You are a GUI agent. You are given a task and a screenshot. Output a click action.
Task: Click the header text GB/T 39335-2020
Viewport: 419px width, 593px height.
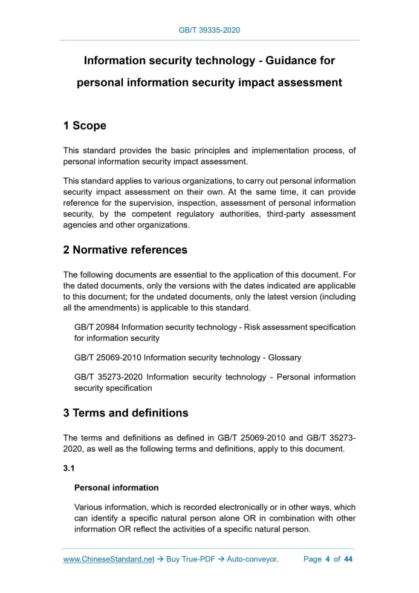coord(209,30)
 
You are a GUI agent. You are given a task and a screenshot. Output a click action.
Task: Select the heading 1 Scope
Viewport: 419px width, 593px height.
coord(85,126)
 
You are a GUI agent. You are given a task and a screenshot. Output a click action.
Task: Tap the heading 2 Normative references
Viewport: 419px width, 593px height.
coord(125,250)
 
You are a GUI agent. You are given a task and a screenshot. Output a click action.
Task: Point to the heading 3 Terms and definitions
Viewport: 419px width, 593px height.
coord(126,413)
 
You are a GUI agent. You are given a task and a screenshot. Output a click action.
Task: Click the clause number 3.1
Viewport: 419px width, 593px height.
coord(69,468)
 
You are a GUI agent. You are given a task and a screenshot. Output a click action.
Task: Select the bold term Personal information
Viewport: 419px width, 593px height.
coord(116,488)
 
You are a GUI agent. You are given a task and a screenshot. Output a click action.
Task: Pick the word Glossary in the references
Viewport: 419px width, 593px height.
coord(282,358)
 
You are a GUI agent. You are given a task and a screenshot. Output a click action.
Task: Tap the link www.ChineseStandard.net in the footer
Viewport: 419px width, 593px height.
coord(109,559)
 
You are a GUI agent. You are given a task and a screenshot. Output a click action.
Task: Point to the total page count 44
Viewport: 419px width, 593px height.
coord(348,559)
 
